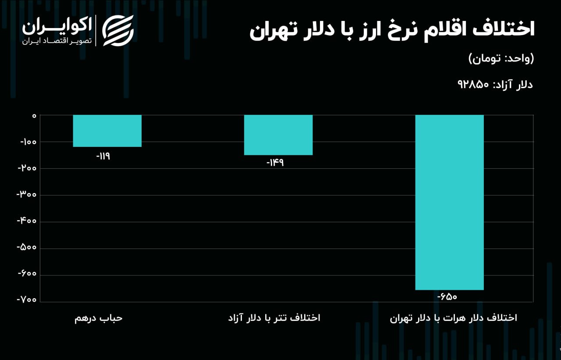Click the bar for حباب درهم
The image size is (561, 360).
pos(107,131)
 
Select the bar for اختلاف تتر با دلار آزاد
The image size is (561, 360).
pos(278,135)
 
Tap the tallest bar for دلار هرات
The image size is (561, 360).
pos(449,202)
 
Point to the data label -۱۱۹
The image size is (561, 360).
pos(103,156)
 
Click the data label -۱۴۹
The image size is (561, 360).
pos(275,163)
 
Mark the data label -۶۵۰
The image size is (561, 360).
pos(447,297)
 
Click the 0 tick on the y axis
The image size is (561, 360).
pos(33,115)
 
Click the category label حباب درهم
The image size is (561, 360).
pos(98,318)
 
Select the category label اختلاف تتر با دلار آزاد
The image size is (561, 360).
pos(274,318)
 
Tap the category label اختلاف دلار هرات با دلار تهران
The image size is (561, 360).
pos(453,318)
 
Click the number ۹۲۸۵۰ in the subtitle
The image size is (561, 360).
pos(473,84)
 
